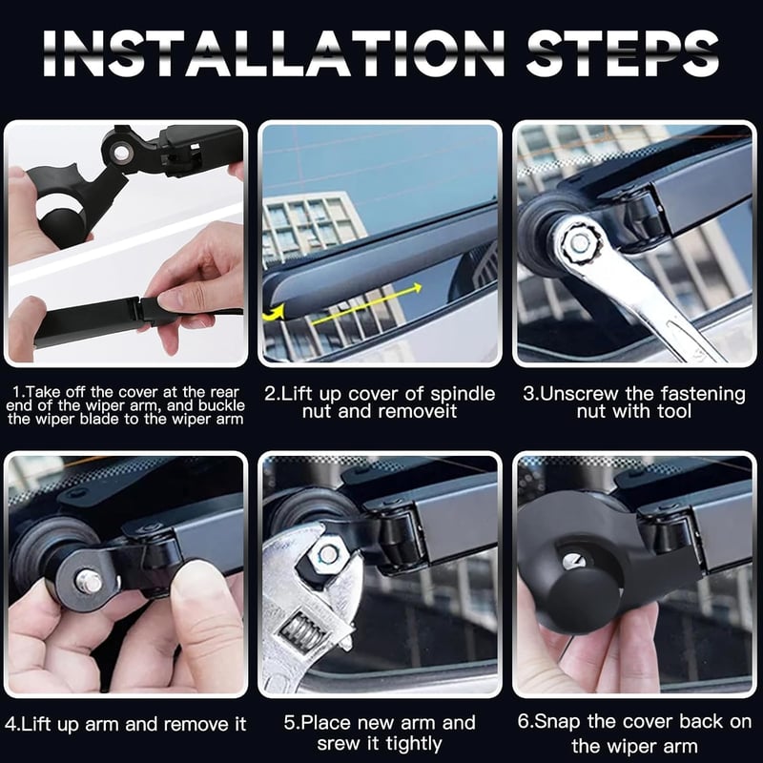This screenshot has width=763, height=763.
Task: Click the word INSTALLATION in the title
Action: tap(274, 53)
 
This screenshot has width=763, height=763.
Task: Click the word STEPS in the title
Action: tap(623, 53)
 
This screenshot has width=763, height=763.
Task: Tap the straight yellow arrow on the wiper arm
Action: tap(366, 304)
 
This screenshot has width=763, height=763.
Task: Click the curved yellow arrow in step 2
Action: tap(274, 313)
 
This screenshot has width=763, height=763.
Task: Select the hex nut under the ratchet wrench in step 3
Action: tap(579, 242)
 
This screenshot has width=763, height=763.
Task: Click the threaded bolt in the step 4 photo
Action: tap(90, 582)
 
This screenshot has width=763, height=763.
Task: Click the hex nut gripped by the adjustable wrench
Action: tap(327, 555)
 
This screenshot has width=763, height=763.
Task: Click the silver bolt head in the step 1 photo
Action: tap(121, 154)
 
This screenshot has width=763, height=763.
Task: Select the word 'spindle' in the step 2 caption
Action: tap(463, 394)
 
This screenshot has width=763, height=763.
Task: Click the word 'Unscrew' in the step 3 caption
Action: tap(579, 394)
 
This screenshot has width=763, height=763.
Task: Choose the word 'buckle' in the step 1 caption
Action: tap(221, 405)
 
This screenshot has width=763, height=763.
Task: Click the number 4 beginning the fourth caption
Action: tap(10, 725)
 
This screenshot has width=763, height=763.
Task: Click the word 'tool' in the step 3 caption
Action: tap(674, 412)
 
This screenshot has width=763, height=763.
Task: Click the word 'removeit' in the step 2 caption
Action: tap(419, 412)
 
